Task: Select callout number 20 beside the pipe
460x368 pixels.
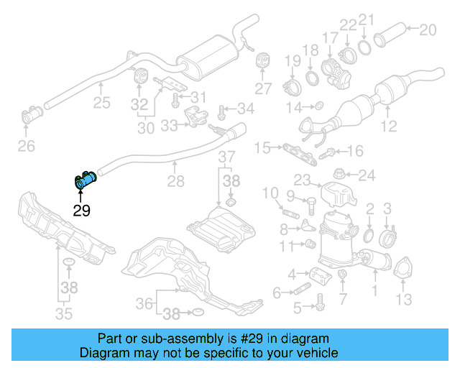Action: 427,29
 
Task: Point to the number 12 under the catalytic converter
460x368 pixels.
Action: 388,127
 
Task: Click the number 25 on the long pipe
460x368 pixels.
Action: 101,103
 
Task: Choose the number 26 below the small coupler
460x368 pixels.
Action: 26,147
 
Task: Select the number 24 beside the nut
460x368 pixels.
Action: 367,175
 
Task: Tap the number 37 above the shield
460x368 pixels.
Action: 226,157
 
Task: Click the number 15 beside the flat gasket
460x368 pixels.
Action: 262,148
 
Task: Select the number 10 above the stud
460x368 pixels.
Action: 270,193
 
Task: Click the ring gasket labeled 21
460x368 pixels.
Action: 365,47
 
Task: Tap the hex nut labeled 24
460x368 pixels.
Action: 340,173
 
